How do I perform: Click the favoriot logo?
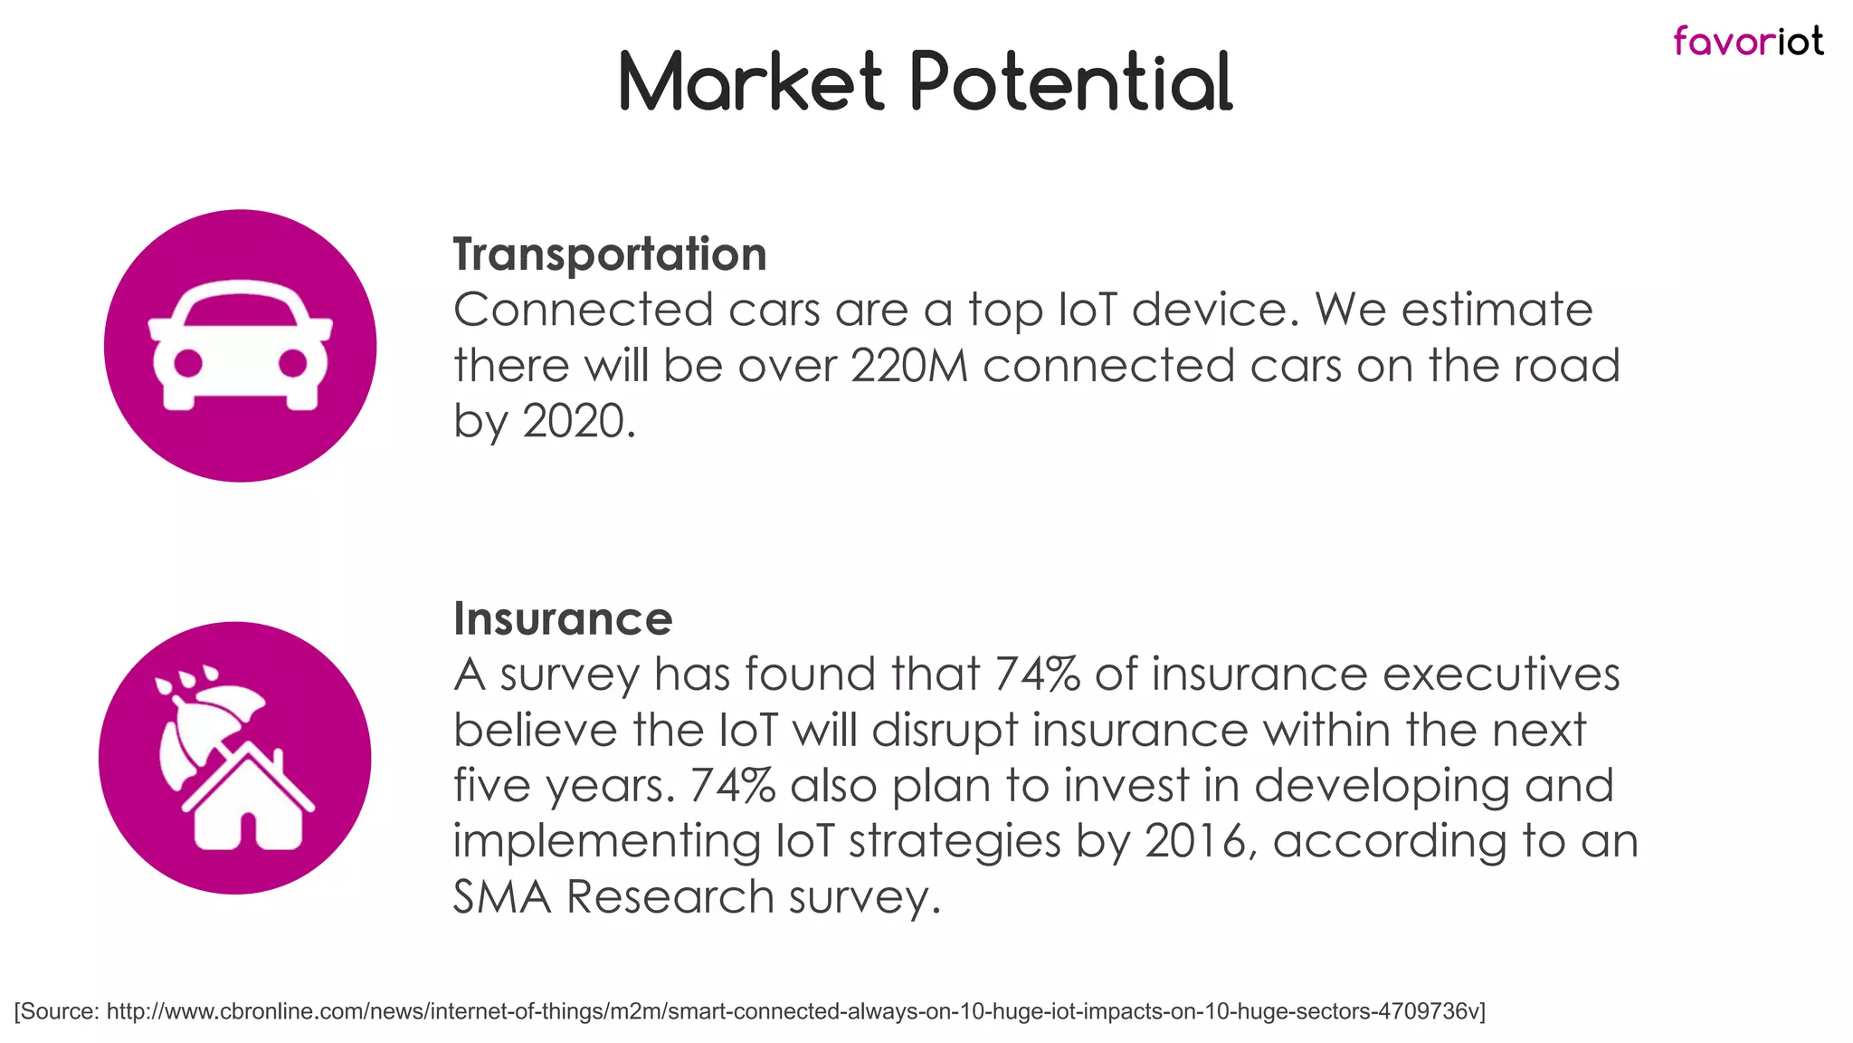pos(1748,42)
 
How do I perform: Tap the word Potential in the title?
pos(1070,82)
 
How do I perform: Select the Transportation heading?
pos(609,254)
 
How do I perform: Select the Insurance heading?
pos(563,619)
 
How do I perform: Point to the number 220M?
pos(909,367)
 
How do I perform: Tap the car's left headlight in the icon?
pos(188,363)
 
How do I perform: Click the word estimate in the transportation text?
pos(1497,311)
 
